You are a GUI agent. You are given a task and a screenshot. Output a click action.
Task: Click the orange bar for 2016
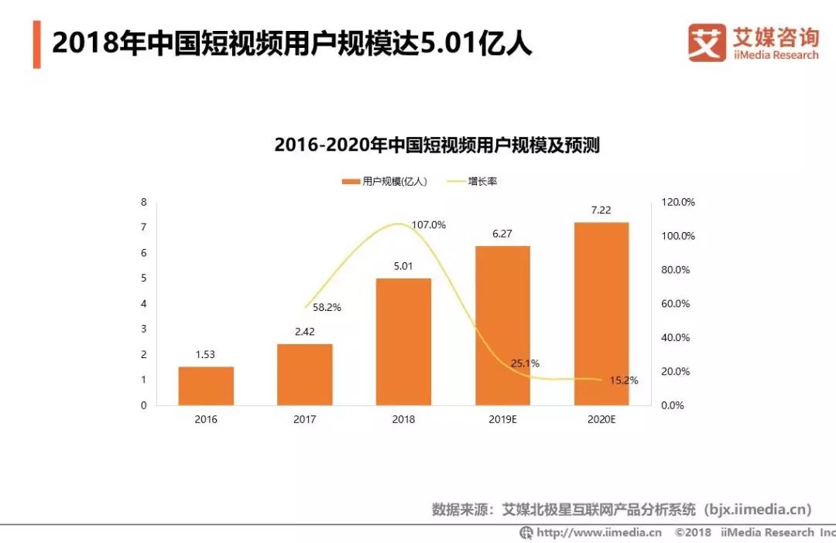206,385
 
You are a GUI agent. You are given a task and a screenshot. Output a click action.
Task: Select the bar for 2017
304,374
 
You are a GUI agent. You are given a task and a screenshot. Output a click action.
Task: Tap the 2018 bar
403,341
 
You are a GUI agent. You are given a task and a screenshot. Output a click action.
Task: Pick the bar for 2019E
502,325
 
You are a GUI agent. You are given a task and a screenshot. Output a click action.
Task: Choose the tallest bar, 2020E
601,313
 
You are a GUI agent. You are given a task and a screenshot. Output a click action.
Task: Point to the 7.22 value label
601,210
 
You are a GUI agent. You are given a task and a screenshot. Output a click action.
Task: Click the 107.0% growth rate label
429,225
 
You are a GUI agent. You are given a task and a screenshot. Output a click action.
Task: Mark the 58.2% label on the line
327,307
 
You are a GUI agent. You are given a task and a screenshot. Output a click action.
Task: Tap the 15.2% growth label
624,381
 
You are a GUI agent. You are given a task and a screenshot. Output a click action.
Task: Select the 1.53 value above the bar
206,354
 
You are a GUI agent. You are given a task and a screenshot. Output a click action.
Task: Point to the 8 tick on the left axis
143,202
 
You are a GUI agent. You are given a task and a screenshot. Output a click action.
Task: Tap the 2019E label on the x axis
502,419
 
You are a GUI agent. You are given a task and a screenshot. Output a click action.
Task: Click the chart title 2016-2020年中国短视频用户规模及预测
437,145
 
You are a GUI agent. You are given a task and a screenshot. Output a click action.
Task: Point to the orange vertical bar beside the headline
36,45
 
